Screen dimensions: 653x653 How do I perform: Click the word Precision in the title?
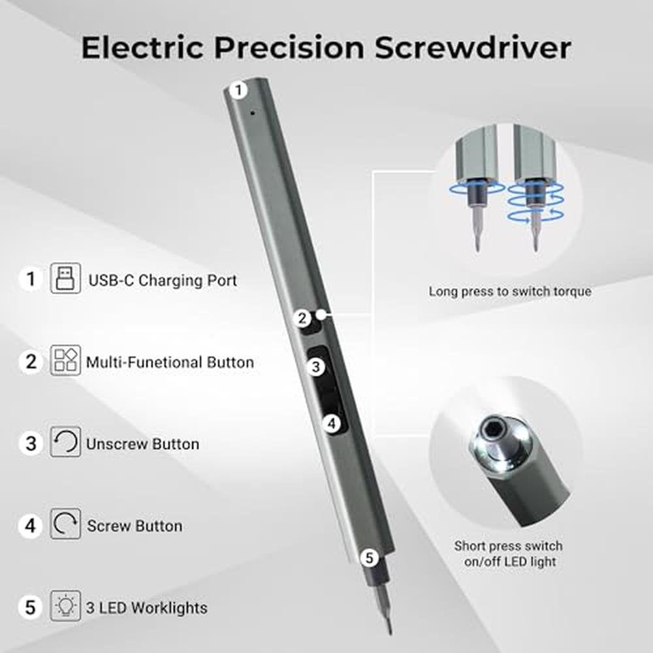point(289,48)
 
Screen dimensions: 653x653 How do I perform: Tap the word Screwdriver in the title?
point(472,48)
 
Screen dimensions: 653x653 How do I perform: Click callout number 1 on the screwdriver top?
point(238,90)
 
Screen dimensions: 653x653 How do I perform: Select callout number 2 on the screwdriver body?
point(302,318)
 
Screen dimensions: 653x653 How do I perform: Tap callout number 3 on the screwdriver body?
point(315,367)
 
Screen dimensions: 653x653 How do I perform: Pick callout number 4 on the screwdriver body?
point(332,424)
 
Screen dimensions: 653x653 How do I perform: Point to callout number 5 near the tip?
point(370,558)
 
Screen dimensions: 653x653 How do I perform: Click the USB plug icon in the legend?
point(65,278)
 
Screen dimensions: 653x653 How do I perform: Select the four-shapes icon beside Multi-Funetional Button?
point(65,360)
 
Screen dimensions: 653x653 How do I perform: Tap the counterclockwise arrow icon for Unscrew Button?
point(65,442)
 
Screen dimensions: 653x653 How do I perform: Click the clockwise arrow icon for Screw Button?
point(65,524)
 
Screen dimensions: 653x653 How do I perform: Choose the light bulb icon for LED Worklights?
point(65,605)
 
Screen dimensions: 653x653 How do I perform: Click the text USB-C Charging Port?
point(163,280)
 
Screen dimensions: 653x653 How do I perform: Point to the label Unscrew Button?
point(142,444)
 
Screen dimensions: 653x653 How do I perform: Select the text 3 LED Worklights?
point(146,608)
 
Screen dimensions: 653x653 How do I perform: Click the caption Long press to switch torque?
point(510,291)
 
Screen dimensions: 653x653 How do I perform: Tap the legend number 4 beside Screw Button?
point(31,526)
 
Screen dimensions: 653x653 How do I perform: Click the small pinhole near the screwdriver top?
point(252,112)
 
